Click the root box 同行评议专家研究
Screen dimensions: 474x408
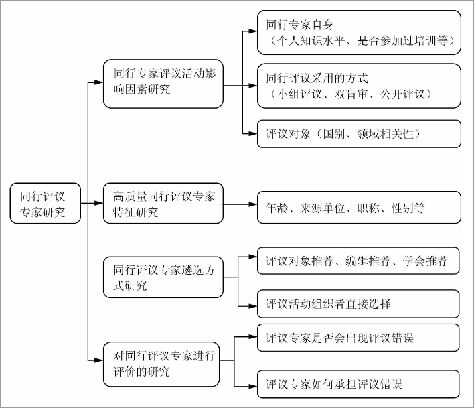coord(46,203)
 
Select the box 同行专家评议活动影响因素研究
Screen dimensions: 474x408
coord(163,84)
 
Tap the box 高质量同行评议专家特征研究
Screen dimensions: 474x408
coord(163,203)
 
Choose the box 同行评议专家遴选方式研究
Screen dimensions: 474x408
coord(163,277)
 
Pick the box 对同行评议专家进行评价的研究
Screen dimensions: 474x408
coord(161,364)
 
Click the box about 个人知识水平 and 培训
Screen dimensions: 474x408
coord(359,33)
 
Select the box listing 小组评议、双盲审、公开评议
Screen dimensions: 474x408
coord(359,86)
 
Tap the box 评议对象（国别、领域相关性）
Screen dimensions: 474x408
coord(359,134)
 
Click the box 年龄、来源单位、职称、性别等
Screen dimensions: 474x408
coord(359,208)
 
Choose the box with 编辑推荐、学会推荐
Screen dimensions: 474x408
coord(358,261)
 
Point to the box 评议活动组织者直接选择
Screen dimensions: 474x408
coord(358,304)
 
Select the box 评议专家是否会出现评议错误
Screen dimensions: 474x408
coord(358,338)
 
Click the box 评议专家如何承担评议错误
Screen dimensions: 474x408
coord(358,384)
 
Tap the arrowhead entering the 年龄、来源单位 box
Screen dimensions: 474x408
coord(253,204)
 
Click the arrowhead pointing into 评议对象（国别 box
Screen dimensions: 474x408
coord(253,133)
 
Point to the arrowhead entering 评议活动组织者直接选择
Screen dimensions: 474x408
coord(253,306)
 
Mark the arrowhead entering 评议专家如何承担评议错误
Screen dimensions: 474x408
coord(253,386)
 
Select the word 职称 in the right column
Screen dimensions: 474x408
coord(368,208)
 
